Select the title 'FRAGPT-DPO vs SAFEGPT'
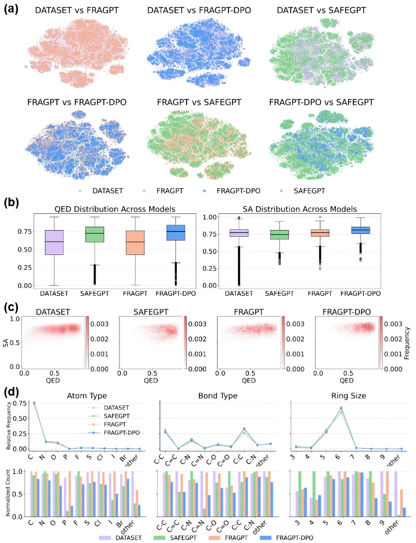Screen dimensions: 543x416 pos(321,102)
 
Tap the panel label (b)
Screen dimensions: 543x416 pos(11,202)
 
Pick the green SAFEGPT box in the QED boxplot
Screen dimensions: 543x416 pos(95,241)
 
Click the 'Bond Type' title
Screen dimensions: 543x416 pos(219,396)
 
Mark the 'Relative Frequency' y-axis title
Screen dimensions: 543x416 pos(9,426)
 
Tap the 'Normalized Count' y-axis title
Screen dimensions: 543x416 pos(9,494)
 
